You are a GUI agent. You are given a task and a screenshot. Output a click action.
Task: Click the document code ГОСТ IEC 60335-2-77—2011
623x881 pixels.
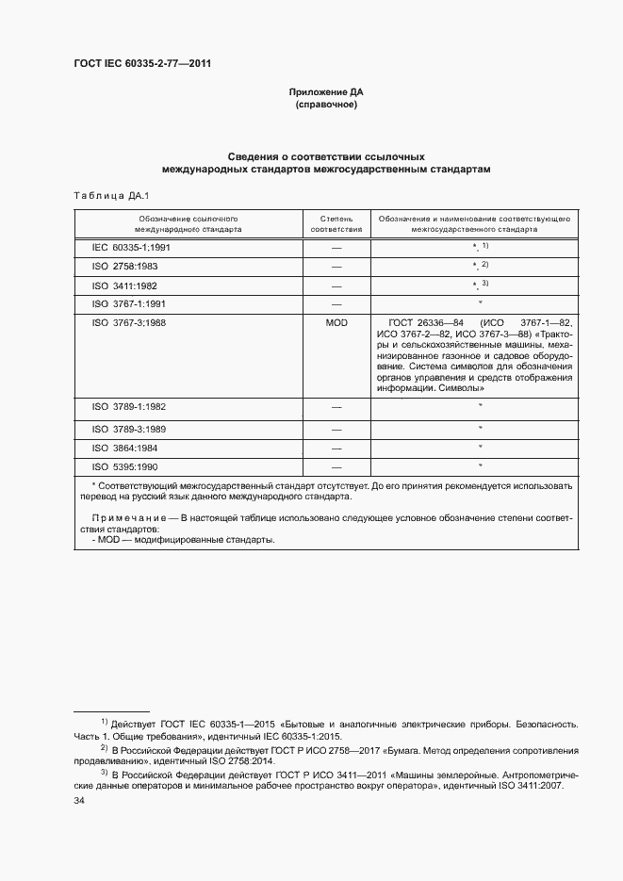tap(142, 64)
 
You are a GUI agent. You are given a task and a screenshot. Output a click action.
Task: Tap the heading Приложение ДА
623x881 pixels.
tap(326, 92)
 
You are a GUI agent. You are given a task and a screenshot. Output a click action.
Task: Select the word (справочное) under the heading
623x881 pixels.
tap(326, 105)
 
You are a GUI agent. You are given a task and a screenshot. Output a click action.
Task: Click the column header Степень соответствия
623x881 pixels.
tap(336, 222)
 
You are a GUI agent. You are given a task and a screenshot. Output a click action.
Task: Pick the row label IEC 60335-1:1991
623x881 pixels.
tap(130, 247)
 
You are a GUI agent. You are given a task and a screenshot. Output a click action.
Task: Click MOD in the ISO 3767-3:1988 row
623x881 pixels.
tap(336, 323)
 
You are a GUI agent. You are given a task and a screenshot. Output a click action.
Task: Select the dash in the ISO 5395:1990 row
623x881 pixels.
tap(336, 467)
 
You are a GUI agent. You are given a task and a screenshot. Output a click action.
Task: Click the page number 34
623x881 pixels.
tap(79, 801)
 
